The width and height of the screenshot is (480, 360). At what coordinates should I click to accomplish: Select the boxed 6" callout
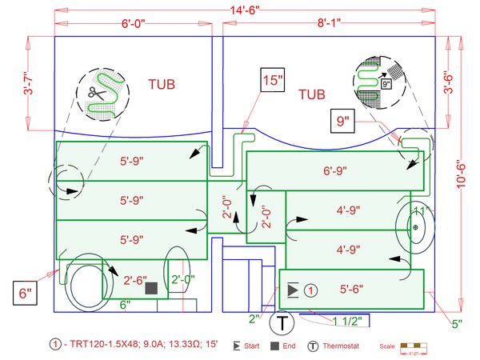pos(25,294)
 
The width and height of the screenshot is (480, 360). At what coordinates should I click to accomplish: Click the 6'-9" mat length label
pos(339,170)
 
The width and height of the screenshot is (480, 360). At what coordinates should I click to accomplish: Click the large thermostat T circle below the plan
pos(282,324)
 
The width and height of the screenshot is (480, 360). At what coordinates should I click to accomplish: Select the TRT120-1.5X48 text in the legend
pos(102,346)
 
